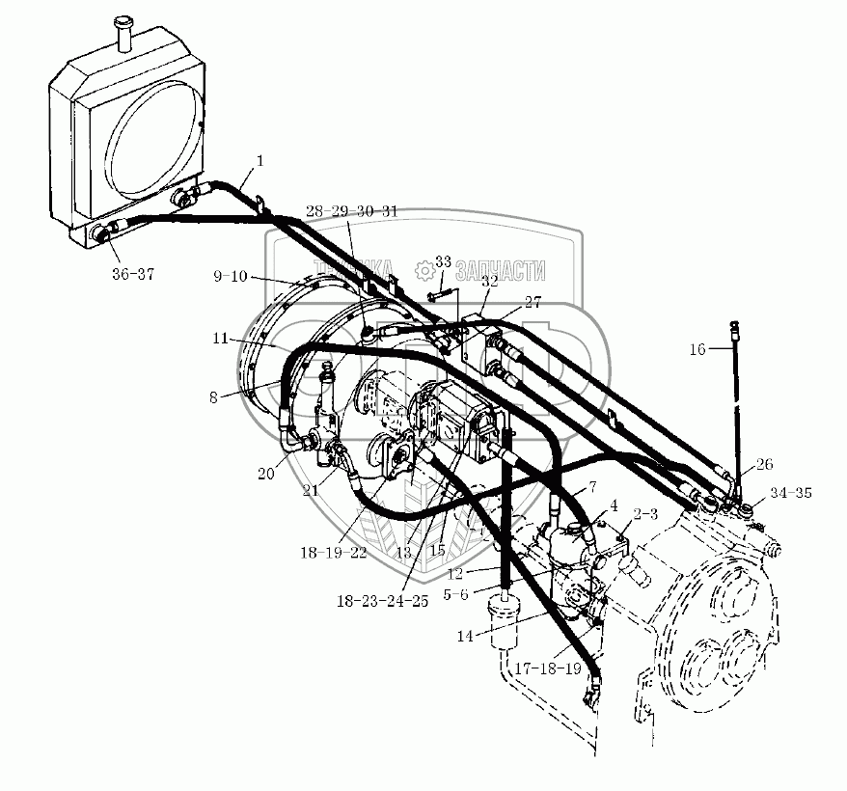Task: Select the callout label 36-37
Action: (131, 274)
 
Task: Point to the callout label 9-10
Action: (232, 277)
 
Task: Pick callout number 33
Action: (443, 261)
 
